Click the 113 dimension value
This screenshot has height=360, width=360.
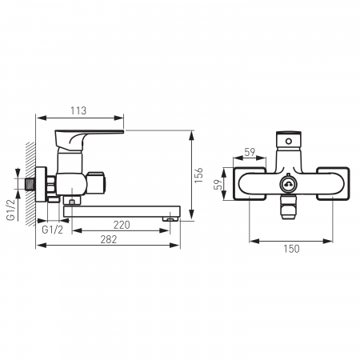(x=78, y=110)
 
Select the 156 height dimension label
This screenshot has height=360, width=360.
(x=199, y=175)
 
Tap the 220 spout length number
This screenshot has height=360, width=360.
(x=122, y=225)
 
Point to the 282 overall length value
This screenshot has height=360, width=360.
(x=109, y=239)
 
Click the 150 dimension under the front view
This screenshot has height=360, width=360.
(x=291, y=249)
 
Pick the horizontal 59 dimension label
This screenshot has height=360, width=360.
(x=250, y=152)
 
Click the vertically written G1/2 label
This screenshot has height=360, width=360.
(x=10, y=210)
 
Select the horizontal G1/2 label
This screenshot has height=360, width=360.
(x=53, y=230)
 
